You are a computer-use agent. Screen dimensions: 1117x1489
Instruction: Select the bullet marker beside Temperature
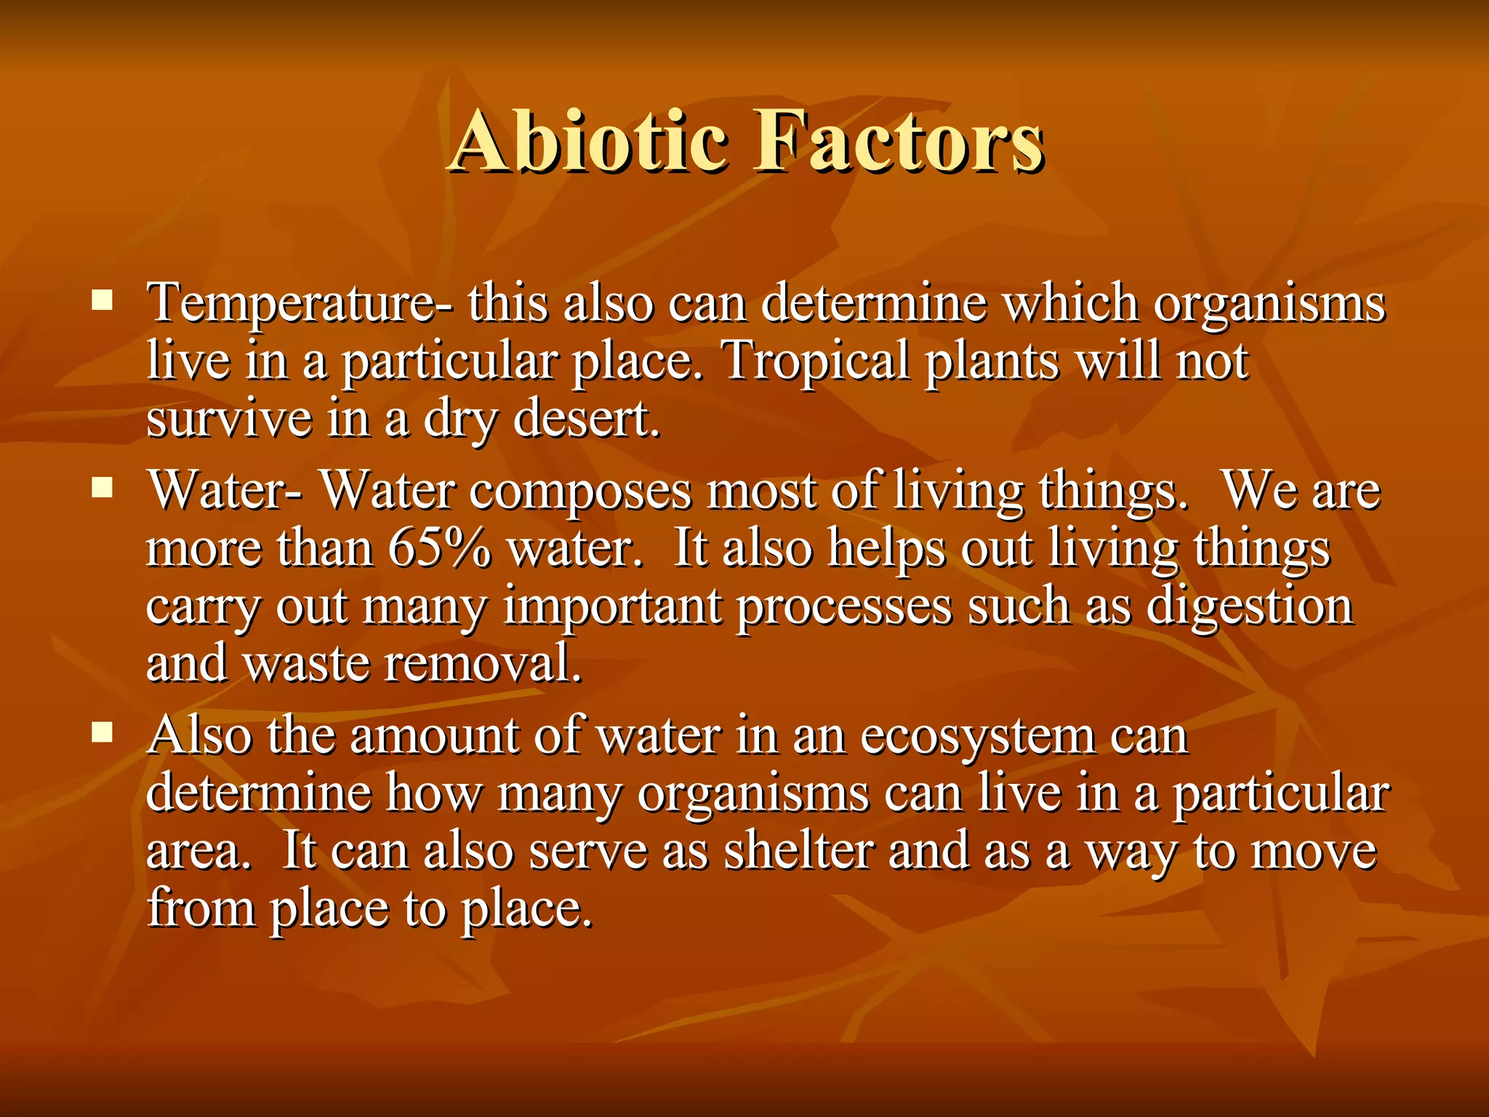tap(102, 300)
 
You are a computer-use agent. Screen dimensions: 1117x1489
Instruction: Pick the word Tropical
tap(815, 361)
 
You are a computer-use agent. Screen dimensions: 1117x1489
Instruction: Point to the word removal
tap(483, 663)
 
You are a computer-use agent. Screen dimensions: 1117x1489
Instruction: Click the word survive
tap(228, 419)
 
